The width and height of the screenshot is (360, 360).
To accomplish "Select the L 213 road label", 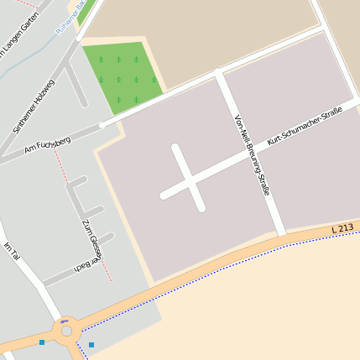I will [342, 227].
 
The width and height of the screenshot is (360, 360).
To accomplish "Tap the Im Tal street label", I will [11, 251].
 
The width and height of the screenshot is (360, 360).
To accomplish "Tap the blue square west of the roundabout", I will [42, 342].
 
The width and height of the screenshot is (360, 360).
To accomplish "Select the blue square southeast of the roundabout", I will [91, 345].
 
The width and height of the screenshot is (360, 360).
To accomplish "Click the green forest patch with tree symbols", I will [122, 76].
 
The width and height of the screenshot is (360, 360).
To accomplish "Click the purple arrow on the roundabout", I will [65, 321].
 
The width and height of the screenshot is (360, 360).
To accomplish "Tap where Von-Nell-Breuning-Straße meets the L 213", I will [281, 234].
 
